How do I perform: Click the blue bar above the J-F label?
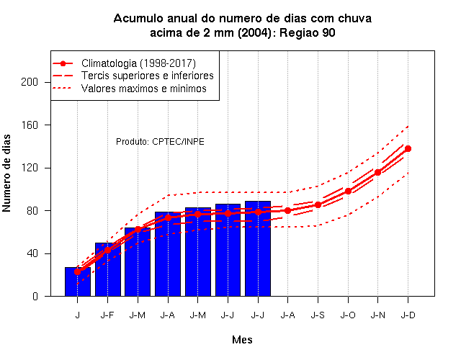(108, 269)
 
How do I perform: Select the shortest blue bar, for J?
(78, 282)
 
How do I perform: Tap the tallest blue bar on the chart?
(258, 248)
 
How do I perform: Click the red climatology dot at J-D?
(408, 149)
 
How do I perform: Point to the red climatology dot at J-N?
(377, 173)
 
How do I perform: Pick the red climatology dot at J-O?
(348, 192)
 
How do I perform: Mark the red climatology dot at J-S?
(318, 204)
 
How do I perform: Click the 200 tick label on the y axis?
(30, 82)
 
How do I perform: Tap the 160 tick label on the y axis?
(30, 125)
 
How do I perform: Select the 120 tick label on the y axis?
(30, 168)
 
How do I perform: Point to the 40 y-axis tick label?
(32, 253)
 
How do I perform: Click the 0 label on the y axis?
(35, 296)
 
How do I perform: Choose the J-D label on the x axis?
(408, 315)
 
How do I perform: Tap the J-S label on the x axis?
(318, 315)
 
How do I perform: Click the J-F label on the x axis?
(107, 315)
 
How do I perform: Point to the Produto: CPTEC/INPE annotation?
(160, 142)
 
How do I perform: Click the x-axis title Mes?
(242, 340)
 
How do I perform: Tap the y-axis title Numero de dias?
(6, 173)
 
